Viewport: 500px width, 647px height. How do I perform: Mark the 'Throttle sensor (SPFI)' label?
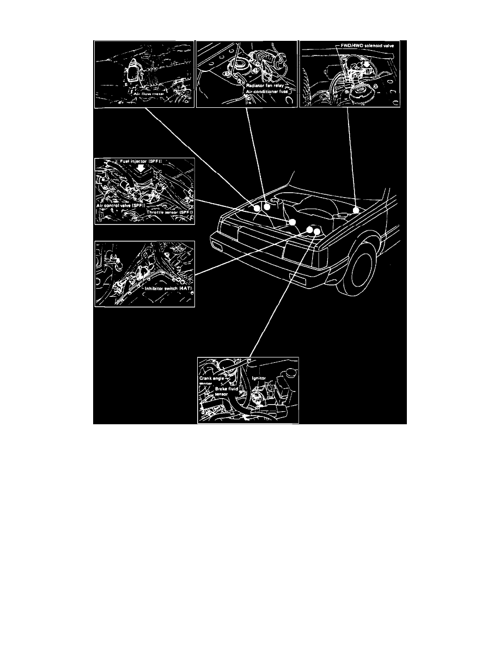167,212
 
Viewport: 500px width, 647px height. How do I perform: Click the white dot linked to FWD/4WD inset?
356,210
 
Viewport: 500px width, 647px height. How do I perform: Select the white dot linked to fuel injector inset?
292,222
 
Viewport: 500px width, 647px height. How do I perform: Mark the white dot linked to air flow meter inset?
257,207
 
